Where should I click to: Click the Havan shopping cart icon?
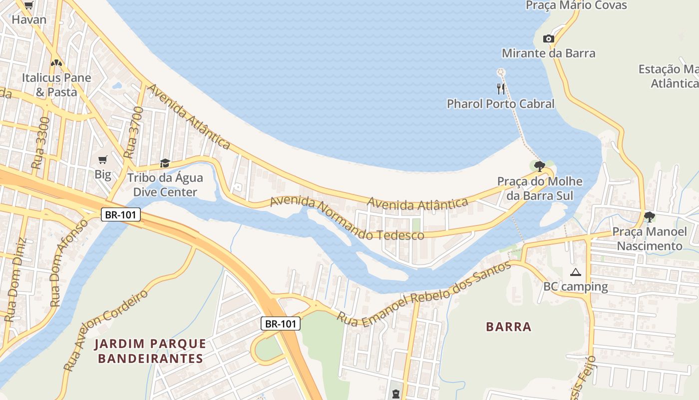[28, 5]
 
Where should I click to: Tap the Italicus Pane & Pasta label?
[56, 85]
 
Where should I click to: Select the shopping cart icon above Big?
[103, 160]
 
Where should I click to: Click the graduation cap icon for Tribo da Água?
[165, 163]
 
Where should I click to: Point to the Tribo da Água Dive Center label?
[165, 185]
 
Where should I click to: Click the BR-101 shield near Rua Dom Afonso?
[121, 215]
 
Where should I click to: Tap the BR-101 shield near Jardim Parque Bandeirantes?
[281, 323]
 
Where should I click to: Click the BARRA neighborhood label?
[509, 327]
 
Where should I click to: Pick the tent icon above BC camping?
[576, 272]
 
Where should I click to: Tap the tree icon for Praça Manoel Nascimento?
[649, 217]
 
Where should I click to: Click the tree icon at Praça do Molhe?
[539, 166]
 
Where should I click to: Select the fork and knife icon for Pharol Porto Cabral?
[501, 89]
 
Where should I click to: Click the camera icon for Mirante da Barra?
[548, 39]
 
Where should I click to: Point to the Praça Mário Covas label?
[576, 5]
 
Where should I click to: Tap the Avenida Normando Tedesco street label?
[347, 218]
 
